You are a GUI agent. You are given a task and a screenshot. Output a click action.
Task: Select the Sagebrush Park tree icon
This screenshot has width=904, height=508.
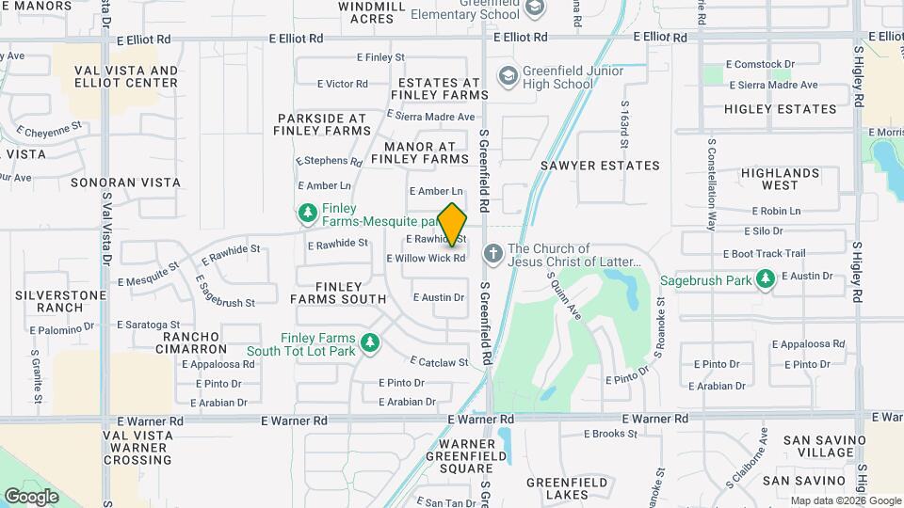[766, 279]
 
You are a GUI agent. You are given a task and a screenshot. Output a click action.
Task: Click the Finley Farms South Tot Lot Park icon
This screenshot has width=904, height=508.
[371, 343]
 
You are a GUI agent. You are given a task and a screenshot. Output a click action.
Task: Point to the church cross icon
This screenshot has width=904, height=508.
[492, 254]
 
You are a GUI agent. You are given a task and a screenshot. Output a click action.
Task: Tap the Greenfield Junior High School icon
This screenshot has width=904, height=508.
[508, 75]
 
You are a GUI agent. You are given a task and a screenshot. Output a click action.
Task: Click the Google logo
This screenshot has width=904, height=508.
[31, 496]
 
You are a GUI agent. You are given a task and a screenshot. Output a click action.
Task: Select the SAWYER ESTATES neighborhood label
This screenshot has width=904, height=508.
[600, 166]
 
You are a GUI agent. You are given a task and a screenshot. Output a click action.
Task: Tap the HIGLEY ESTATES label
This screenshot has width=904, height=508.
[781, 109]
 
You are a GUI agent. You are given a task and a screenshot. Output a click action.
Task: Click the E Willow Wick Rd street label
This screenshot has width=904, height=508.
[426, 258]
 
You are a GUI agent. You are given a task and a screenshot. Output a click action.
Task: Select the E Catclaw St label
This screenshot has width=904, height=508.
[439, 361]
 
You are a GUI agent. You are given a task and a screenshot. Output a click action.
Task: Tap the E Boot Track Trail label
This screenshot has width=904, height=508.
[764, 253]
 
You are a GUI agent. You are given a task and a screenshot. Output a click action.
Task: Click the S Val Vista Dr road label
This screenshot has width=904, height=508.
[107, 229]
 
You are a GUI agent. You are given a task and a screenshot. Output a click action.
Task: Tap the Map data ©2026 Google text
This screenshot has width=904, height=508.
[845, 500]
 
